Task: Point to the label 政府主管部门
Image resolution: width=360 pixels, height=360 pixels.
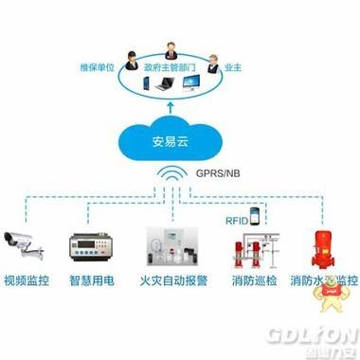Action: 173,68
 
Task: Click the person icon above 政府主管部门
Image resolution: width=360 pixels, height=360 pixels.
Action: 172,48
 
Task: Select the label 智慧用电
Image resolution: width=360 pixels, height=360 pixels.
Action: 91,281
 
